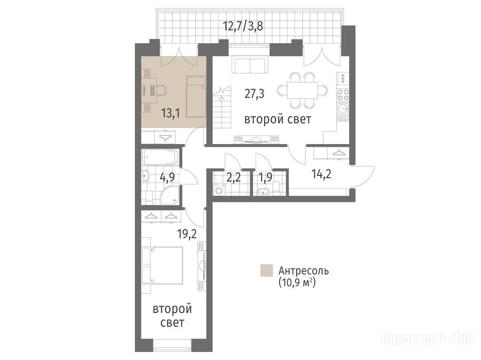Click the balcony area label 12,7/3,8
click(243, 26)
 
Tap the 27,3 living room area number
click(254, 93)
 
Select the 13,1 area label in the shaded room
click(171, 113)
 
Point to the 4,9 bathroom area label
click(169, 177)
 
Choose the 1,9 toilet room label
click(265, 177)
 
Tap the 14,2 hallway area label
click(321, 174)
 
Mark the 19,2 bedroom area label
click(187, 234)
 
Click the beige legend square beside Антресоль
click(266, 270)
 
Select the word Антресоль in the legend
click(303, 271)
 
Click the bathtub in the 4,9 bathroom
click(160, 157)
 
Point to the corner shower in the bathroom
click(169, 196)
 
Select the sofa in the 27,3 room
click(249, 66)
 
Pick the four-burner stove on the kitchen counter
click(343, 94)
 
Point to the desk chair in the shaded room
click(162, 90)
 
